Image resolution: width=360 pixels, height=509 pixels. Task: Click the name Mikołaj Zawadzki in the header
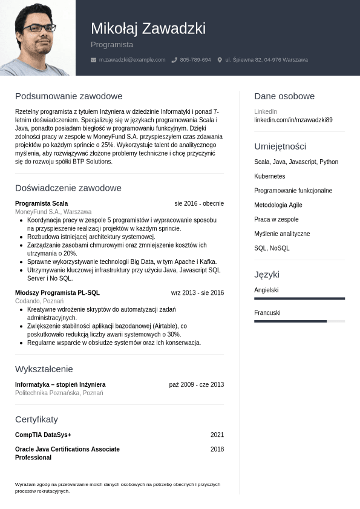[x=148, y=28]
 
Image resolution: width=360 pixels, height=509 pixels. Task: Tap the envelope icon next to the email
[x=93, y=60]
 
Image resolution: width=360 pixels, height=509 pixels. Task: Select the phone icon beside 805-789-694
[x=174, y=60]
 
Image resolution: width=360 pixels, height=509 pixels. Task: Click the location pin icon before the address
[x=220, y=60]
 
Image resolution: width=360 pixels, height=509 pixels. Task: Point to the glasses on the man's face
[x=39, y=28]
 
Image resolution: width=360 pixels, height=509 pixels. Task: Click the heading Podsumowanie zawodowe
[x=68, y=96]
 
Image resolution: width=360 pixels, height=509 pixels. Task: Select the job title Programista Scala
[x=41, y=203]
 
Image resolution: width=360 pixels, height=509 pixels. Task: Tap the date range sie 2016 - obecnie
[x=199, y=203]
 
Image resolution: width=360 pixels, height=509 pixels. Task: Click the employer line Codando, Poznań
[x=39, y=301]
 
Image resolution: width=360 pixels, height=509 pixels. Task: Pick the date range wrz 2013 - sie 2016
[x=197, y=293]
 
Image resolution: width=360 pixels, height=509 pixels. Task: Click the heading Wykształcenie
[x=44, y=369]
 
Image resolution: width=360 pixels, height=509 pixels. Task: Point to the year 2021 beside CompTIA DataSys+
[x=217, y=435]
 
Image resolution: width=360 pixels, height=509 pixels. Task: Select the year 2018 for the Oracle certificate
[x=217, y=449]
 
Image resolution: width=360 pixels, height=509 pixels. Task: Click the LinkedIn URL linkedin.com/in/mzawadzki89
[x=293, y=120]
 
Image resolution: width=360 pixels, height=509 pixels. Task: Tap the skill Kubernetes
[x=269, y=176]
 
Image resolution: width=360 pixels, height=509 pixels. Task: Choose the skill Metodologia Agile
[x=278, y=205]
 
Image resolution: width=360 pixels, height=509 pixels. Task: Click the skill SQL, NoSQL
[x=272, y=248]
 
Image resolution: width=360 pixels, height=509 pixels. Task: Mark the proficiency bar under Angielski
[x=299, y=298]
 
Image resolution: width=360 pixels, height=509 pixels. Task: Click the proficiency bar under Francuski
[x=299, y=321]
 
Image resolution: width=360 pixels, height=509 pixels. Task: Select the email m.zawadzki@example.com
[x=132, y=60]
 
